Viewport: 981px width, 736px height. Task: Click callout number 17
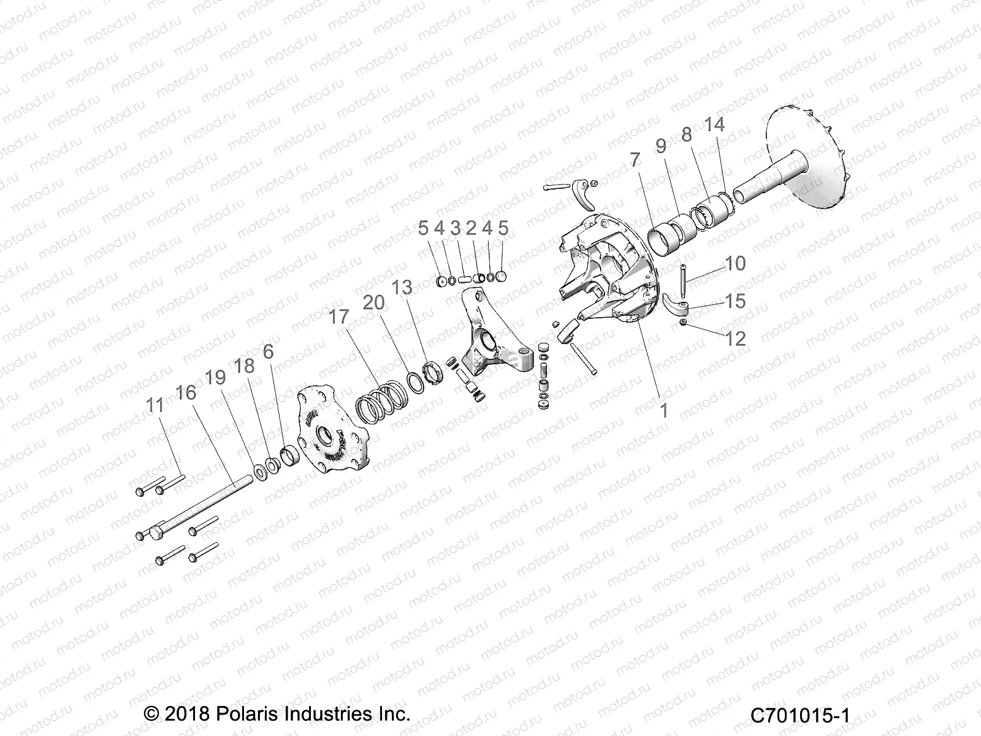pos(338,317)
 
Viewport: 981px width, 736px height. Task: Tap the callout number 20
pos(374,302)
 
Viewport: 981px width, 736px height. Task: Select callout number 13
pos(403,287)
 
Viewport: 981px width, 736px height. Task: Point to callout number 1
pos(663,410)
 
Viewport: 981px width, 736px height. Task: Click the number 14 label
pos(714,125)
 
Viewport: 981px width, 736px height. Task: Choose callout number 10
pos(735,263)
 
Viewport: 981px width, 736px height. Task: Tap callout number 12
pos(735,338)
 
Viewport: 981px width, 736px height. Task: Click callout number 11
pos(155,405)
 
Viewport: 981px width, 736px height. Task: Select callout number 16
pos(186,392)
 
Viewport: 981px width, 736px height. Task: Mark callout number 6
pos(268,351)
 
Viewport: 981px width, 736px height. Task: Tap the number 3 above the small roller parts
pos(455,229)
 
